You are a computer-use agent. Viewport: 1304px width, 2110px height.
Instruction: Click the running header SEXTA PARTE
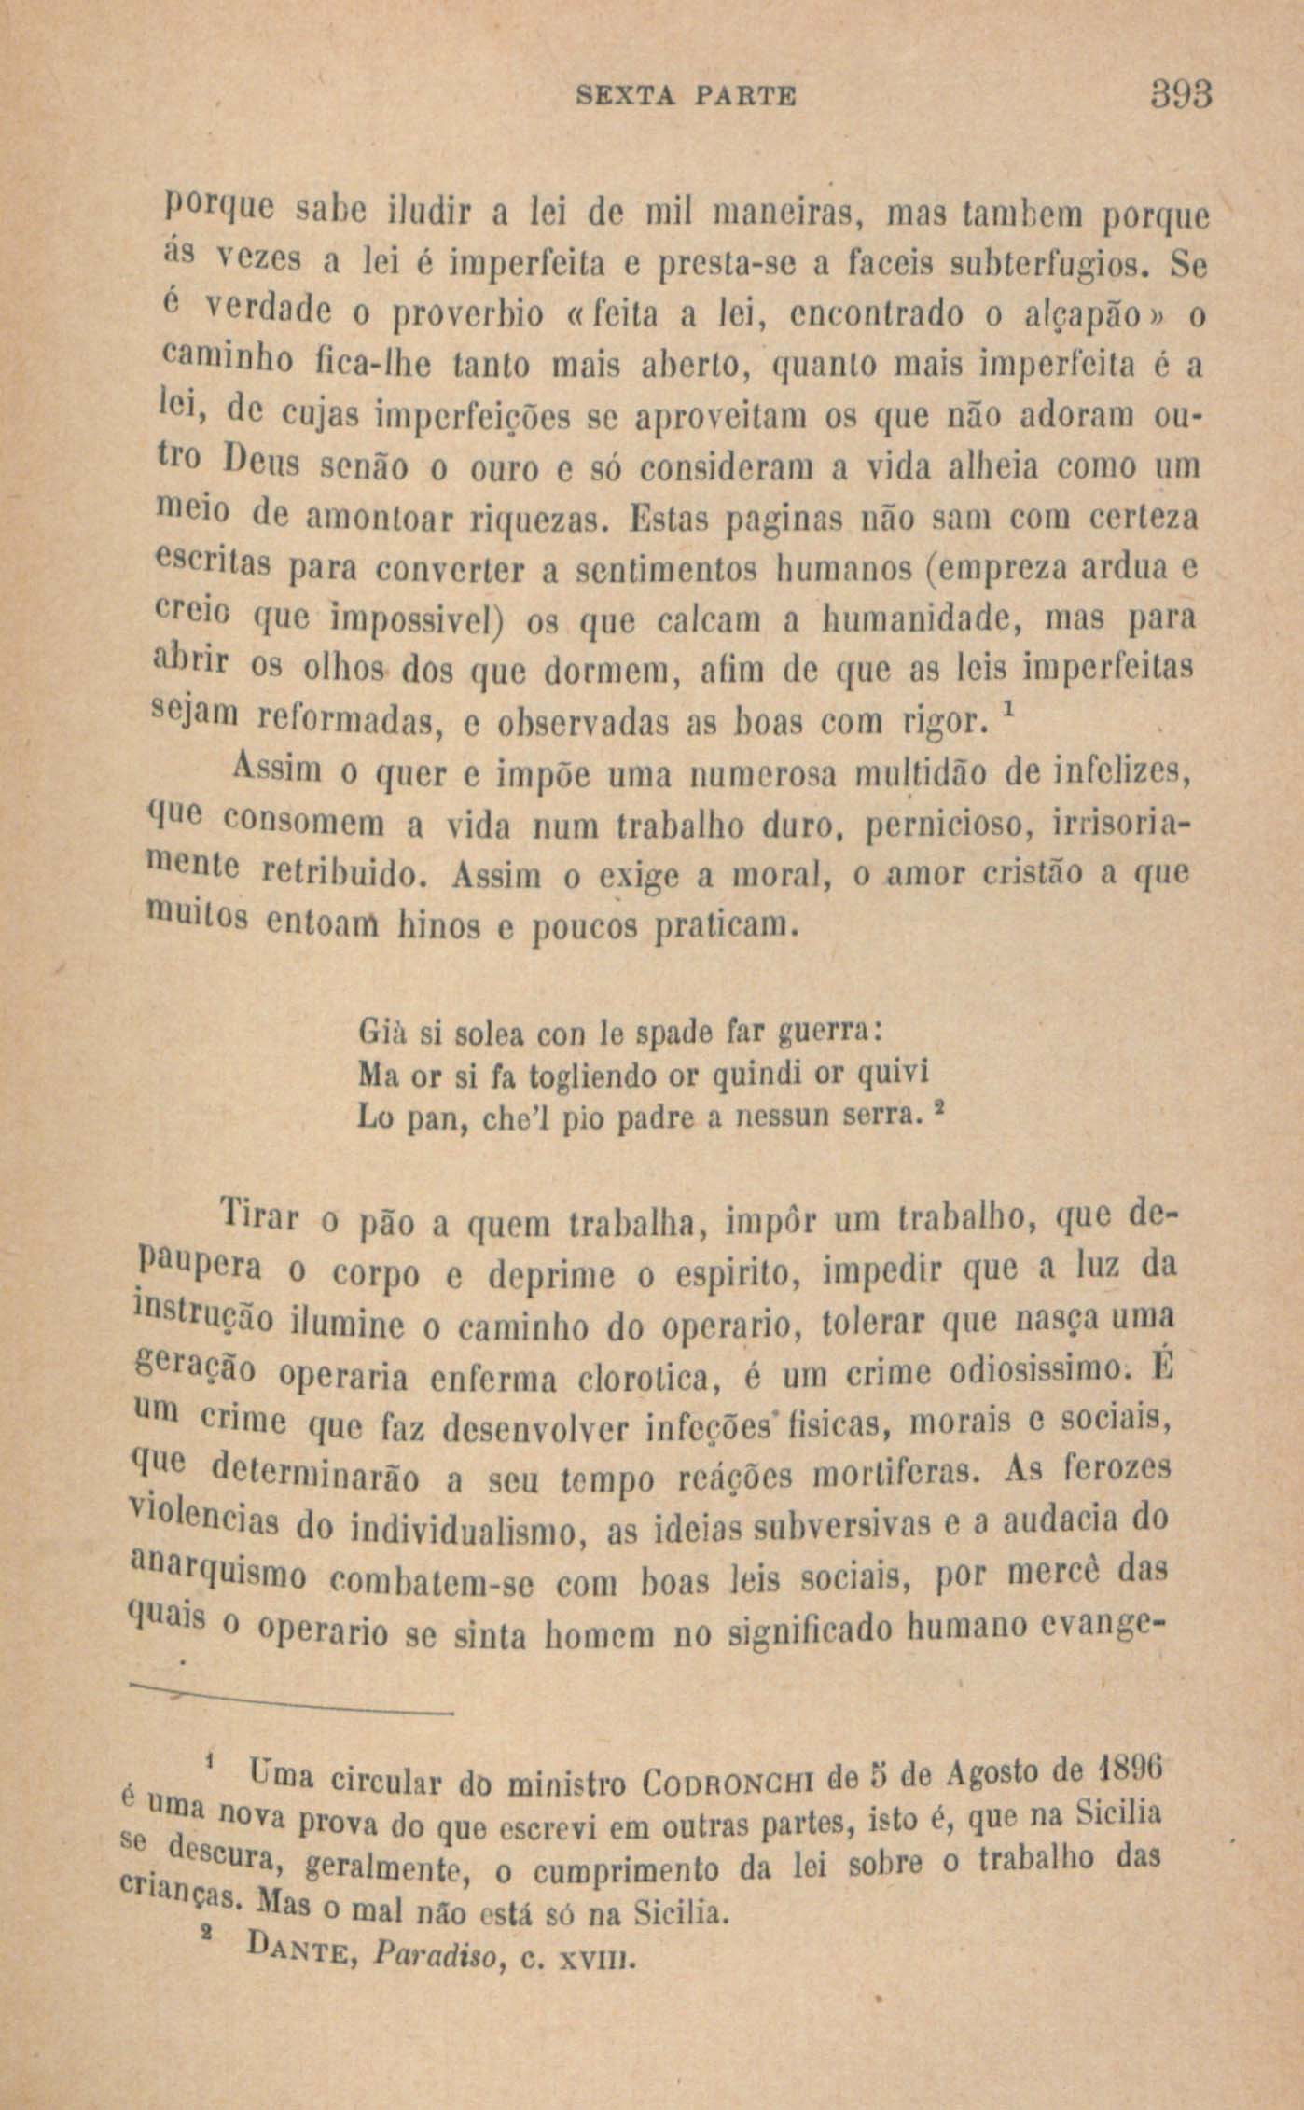point(686,97)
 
